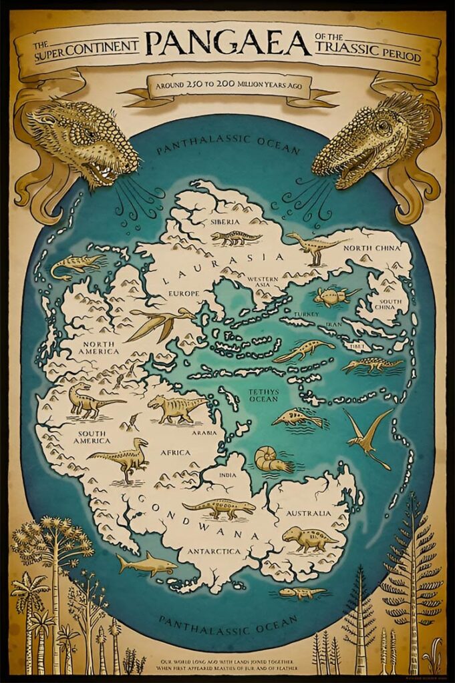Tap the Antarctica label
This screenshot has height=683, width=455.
click(x=214, y=552)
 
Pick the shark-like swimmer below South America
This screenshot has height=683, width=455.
click(x=146, y=565)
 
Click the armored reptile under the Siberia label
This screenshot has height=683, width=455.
click(x=236, y=237)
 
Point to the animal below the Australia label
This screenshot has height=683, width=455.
click(x=309, y=538)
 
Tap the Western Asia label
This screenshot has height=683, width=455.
click(x=262, y=282)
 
